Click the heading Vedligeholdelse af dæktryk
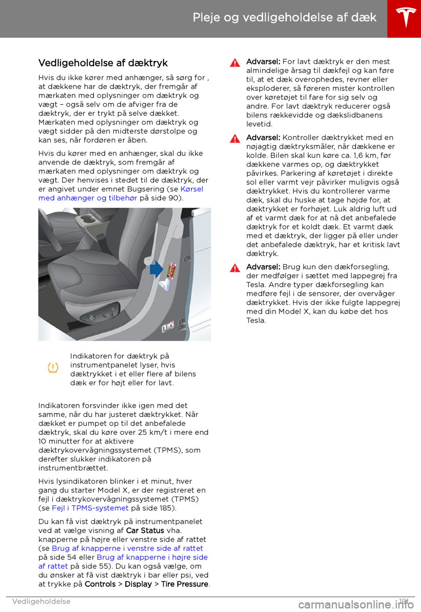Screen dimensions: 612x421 [x=103, y=63]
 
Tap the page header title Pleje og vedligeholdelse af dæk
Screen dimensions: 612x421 [x=284, y=18]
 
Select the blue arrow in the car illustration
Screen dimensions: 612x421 [x=156, y=269]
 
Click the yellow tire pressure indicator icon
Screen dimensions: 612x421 [x=53, y=368]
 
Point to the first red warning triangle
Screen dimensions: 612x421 [x=235, y=63]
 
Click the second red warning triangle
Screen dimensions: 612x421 [x=235, y=139]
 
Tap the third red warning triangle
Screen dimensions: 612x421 [x=235, y=268]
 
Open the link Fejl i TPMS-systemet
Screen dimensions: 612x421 [x=90, y=508]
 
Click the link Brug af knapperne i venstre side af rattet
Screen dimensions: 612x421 [x=127, y=548]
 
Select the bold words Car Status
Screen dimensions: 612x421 [x=145, y=530]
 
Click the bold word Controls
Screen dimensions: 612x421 [x=100, y=584]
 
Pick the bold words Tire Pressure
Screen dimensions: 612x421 [x=185, y=584]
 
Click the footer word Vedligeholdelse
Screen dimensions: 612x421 [x=41, y=601]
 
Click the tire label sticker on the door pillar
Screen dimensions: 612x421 [x=172, y=270]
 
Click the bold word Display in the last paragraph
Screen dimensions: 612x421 [x=138, y=584]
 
